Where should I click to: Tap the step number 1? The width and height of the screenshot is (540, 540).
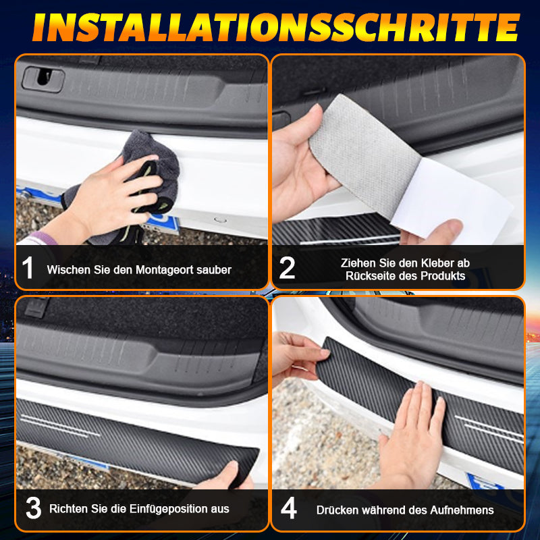28,268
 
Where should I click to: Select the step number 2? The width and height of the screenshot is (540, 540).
287,268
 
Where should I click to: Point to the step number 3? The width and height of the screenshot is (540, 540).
32,508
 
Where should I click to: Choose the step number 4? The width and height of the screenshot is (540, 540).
288,508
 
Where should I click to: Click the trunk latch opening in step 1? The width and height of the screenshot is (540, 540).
43,80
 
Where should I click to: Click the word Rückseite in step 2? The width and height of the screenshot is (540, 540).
370,276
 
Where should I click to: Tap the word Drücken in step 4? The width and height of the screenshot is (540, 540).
336,510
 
